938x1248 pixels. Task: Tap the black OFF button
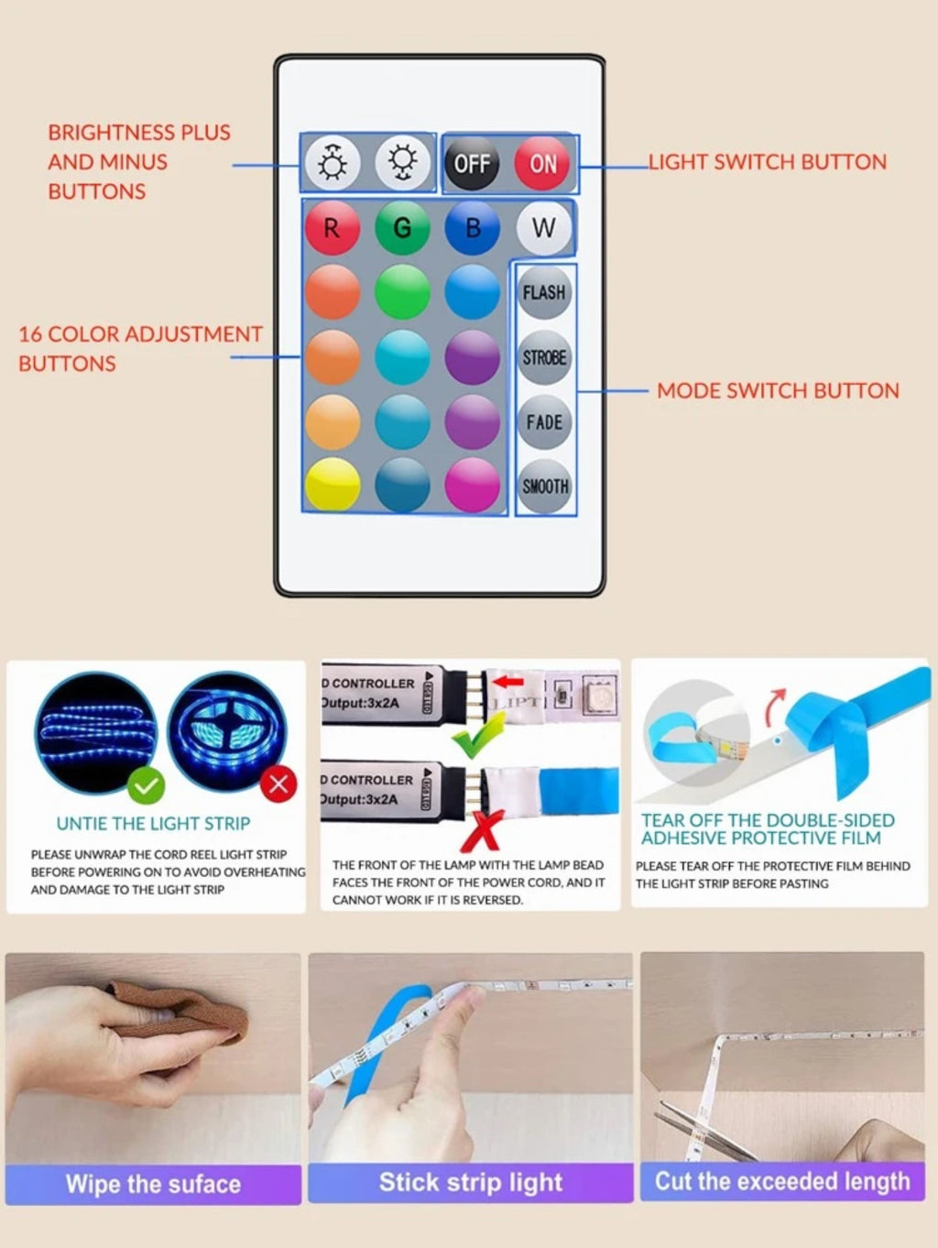click(472, 164)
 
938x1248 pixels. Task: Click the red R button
click(332, 228)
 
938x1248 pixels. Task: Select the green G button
click(402, 228)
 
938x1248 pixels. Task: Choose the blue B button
click(473, 228)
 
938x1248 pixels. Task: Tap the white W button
click(543, 228)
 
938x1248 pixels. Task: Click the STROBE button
click(545, 357)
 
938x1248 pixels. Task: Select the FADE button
click(545, 422)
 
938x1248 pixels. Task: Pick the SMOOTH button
click(545, 487)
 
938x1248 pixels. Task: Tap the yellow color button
click(332, 485)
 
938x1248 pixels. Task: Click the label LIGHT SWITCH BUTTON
click(768, 162)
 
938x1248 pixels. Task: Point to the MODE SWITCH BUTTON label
click(778, 390)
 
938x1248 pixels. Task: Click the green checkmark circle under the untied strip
click(146, 785)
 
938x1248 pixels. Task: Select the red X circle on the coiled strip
click(278, 783)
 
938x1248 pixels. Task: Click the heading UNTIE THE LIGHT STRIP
click(153, 824)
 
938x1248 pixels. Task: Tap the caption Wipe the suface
click(153, 1184)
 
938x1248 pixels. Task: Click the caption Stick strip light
click(471, 1182)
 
